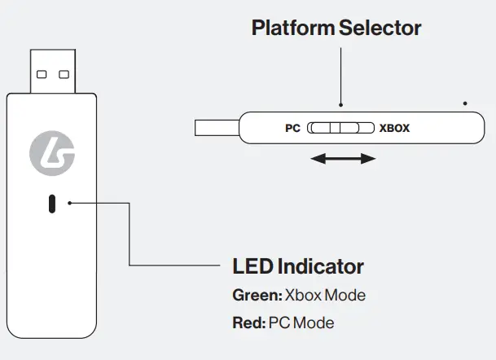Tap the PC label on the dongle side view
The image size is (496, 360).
[x=293, y=128]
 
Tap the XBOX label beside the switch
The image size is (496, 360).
[x=395, y=128]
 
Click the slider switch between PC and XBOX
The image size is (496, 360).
[x=340, y=128]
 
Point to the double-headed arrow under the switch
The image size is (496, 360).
[x=343, y=160]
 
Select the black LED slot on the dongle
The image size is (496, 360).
[x=52, y=204]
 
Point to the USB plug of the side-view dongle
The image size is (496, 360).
[x=217, y=128]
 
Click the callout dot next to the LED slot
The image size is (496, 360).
[x=71, y=202]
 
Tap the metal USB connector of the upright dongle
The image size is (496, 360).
[x=53, y=71]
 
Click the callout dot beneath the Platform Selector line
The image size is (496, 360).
[x=341, y=105]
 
